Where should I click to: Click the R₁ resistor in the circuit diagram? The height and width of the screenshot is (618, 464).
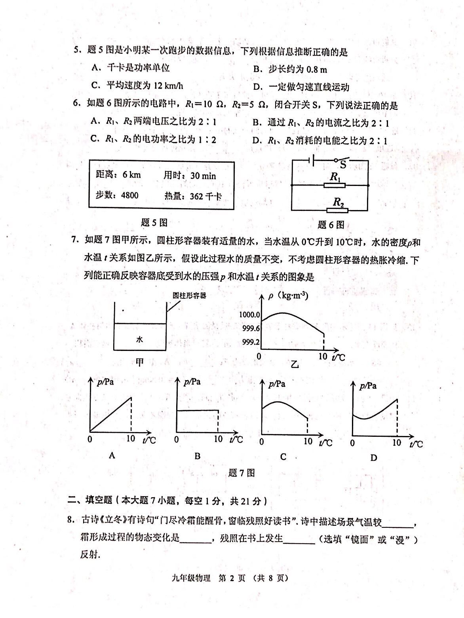click(x=335, y=185)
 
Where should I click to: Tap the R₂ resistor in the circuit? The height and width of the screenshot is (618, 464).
click(x=337, y=210)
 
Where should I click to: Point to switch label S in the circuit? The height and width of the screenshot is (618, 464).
click(x=343, y=165)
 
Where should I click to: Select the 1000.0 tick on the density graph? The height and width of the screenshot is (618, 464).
click(x=250, y=315)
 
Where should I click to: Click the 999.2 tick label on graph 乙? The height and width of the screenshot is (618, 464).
click(x=251, y=342)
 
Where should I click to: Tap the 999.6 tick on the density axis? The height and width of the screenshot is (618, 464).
click(x=251, y=328)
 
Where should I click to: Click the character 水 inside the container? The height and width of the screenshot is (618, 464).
click(x=139, y=339)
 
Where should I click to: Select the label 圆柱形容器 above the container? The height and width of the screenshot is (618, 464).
click(x=189, y=296)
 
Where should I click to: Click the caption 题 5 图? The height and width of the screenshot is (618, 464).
click(x=154, y=223)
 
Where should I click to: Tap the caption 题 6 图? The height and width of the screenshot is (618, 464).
click(x=331, y=225)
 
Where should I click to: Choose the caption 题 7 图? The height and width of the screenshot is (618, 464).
click(x=242, y=473)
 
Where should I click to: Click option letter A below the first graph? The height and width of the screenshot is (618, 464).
click(x=112, y=456)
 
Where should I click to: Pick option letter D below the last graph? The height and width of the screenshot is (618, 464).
click(x=373, y=458)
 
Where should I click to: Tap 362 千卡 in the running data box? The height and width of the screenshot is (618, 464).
click(x=205, y=196)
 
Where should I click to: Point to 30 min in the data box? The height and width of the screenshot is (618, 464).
click(x=203, y=176)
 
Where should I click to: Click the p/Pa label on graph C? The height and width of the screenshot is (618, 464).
click(x=277, y=384)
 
